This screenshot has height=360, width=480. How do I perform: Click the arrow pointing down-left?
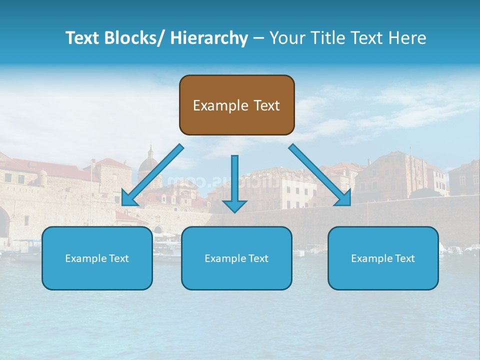tap(155, 172)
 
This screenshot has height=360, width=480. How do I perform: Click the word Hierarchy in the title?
tap(209, 38)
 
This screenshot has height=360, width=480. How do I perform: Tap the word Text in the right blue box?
tap(404, 258)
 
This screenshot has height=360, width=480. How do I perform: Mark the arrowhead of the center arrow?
tap(234, 206)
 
